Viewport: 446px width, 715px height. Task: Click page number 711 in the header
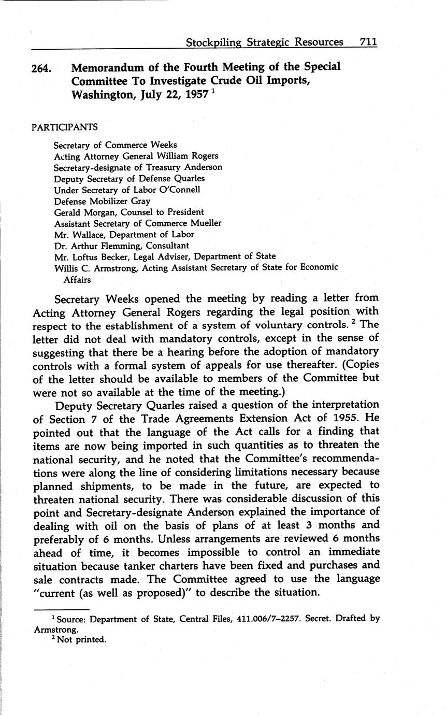point(368,42)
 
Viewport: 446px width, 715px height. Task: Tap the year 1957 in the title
point(195,95)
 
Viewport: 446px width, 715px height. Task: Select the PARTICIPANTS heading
point(64,127)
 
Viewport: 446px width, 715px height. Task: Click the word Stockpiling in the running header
point(213,42)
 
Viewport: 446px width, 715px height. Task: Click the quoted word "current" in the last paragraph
point(56,592)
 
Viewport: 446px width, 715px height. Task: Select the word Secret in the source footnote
point(314,619)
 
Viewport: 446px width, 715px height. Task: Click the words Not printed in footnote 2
point(83,639)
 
